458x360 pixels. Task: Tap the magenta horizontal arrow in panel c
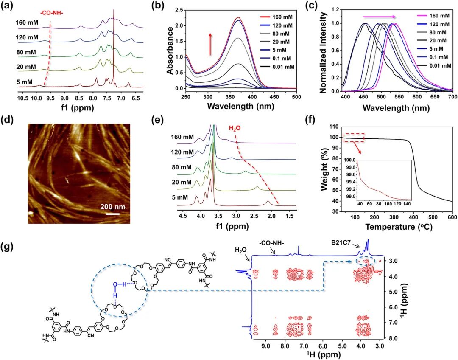pyautogui.click(x=380, y=17)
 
